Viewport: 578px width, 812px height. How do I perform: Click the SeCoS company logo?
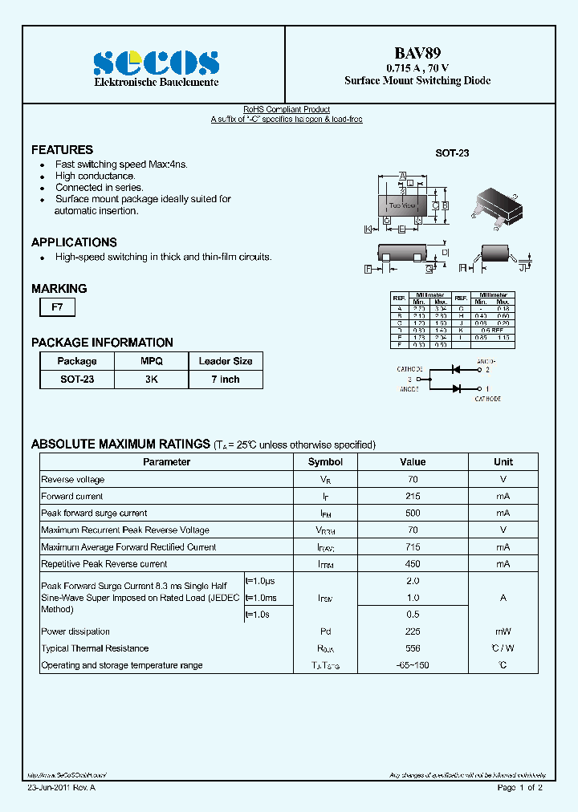[156, 63]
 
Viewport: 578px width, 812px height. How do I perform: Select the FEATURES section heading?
[62, 150]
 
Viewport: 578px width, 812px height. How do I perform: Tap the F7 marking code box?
[57, 306]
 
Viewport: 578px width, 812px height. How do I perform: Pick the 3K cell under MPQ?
[152, 379]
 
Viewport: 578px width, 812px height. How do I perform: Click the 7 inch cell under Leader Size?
[226, 379]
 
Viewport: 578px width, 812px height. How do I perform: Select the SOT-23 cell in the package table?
[77, 379]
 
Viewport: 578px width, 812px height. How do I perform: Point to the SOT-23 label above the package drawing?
[452, 152]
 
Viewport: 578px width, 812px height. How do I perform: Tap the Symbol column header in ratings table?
[325, 462]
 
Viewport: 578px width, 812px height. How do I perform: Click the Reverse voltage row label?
[73, 480]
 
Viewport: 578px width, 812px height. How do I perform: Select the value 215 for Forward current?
[413, 497]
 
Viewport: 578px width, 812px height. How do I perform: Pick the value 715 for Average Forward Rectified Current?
[413, 547]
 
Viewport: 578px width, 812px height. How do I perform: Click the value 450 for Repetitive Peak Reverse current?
[413, 564]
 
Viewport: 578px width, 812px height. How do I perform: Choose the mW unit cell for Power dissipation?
[503, 631]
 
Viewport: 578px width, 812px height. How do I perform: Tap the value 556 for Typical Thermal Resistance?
[413, 648]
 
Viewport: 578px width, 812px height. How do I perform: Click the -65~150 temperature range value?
[413, 665]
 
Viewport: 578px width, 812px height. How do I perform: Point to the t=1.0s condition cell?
[258, 615]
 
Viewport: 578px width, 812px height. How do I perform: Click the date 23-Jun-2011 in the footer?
[48, 788]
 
